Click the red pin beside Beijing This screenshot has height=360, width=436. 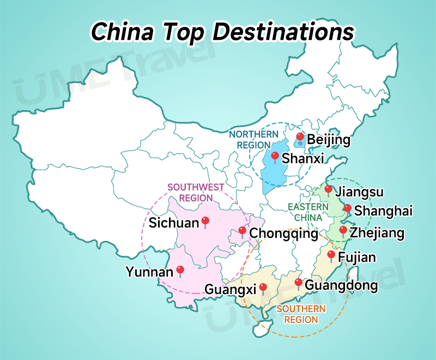(299, 136)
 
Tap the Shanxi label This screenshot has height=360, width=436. (303, 158)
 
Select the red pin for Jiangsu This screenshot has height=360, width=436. (328, 189)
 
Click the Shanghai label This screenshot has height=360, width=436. (383, 211)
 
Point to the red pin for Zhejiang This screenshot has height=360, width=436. (343, 230)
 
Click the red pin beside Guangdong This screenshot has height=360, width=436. (298, 282)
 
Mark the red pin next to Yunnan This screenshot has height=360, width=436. (180, 269)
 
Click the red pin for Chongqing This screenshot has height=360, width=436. (242, 231)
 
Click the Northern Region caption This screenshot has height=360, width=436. (254, 140)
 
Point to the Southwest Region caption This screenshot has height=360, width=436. (196, 192)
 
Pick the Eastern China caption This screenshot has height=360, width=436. (308, 212)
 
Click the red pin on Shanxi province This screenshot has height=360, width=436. (275, 157)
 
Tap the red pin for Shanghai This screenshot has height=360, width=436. (347, 208)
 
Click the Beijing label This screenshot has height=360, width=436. (329, 140)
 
